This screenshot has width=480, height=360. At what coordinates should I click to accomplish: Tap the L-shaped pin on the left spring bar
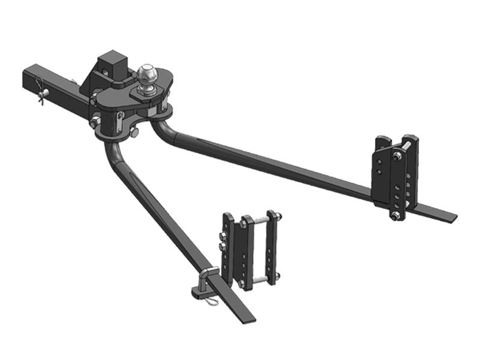click(205, 280)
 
